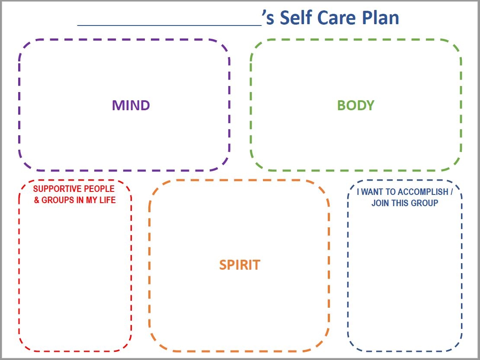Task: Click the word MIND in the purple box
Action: coord(131,105)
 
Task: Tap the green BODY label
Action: coord(355,105)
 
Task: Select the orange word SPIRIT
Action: coord(240,264)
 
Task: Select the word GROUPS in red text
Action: coord(57,201)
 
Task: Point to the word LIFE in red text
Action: coord(107,201)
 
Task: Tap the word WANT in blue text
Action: coord(373,192)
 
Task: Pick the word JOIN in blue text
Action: coord(380,203)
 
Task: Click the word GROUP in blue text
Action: coord(425,203)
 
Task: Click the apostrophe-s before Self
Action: coord(269,18)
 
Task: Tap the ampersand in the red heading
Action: coord(36,201)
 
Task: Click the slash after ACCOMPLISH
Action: coord(451,192)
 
